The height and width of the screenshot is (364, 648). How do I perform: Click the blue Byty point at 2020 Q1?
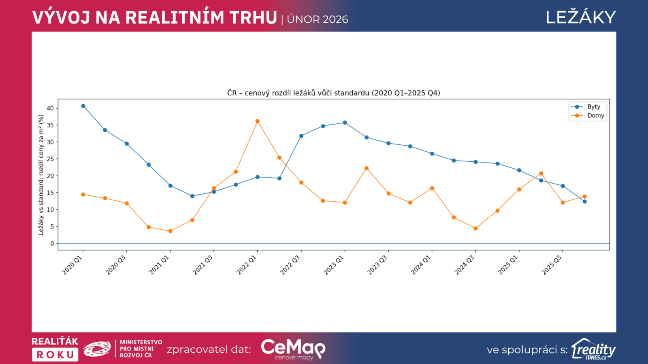[83, 106]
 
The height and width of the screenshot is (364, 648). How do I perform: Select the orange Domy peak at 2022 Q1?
[258, 121]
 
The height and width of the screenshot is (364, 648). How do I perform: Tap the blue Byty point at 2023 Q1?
[345, 123]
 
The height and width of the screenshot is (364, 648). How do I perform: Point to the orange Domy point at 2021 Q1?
[171, 231]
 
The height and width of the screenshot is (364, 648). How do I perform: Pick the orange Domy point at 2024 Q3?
[475, 229]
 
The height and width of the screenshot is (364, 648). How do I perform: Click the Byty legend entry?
[593, 107]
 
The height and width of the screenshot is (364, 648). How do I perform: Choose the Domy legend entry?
[595, 116]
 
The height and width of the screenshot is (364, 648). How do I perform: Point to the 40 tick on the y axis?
[50, 108]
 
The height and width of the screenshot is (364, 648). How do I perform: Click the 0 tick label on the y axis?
[52, 243]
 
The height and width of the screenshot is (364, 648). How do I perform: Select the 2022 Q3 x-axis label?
[290, 265]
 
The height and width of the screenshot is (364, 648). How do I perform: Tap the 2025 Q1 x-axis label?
[508, 265]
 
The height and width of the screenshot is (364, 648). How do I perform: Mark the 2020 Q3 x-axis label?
[116, 265]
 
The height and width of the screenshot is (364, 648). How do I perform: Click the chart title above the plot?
[333, 93]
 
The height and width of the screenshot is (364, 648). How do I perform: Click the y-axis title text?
[41, 175]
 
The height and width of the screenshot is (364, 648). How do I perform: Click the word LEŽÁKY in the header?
[580, 17]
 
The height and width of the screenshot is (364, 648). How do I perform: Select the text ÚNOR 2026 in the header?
[318, 19]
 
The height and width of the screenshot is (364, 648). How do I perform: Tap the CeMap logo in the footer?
[293, 349]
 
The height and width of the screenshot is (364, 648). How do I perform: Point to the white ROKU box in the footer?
[55, 355]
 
